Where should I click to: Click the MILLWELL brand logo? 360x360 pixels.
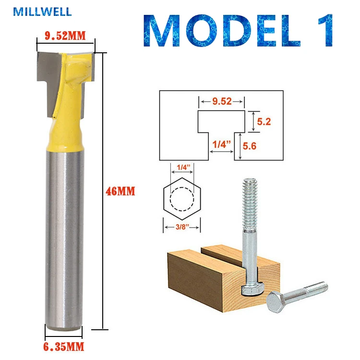click(42, 12)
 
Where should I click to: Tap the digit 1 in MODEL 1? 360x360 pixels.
click(325, 31)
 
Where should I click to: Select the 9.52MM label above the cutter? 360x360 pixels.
click(65, 36)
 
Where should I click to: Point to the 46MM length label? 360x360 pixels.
click(120, 191)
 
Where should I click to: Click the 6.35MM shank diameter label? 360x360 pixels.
click(63, 347)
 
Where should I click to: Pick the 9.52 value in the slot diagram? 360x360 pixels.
click(222, 101)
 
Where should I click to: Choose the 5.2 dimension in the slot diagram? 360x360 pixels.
click(264, 121)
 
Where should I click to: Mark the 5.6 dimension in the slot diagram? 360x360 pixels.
click(249, 146)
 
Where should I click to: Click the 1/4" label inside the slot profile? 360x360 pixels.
click(221, 144)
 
